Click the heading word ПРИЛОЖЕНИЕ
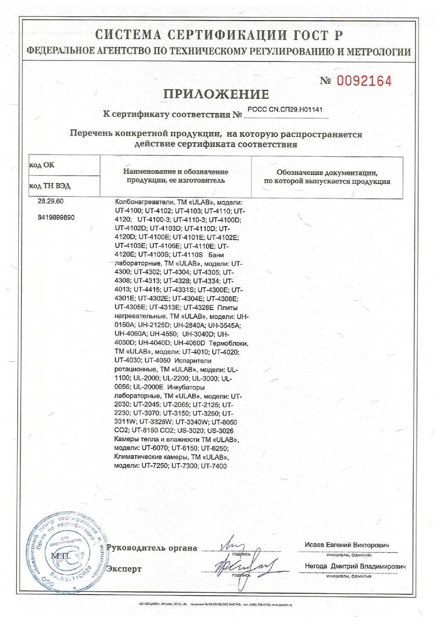click(216, 94)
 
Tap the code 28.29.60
click(50, 201)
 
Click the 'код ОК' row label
click(42, 165)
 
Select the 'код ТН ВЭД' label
click(48, 185)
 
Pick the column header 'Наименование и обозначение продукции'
click(175, 176)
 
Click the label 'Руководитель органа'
click(152, 548)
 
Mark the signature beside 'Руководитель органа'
click(231, 545)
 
